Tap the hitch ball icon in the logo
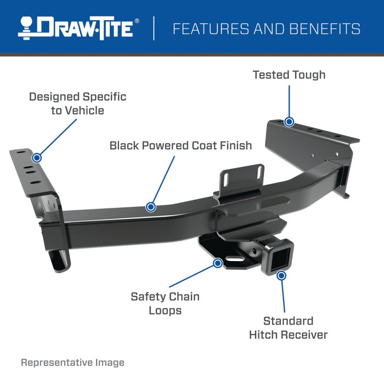tap(27, 28)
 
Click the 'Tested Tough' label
tap(289, 75)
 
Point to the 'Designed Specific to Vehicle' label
tap(77, 104)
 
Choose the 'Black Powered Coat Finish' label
tap(180, 145)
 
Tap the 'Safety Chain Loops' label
tap(165, 303)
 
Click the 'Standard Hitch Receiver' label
tap(288, 327)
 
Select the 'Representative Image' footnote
tap(72, 363)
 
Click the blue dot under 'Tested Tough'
tap(289, 122)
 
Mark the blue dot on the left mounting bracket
tap(37, 157)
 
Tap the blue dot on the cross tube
tap(151, 207)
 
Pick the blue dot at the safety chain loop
tap(218, 263)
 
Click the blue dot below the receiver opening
tap(281, 275)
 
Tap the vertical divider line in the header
tap(154, 29)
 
